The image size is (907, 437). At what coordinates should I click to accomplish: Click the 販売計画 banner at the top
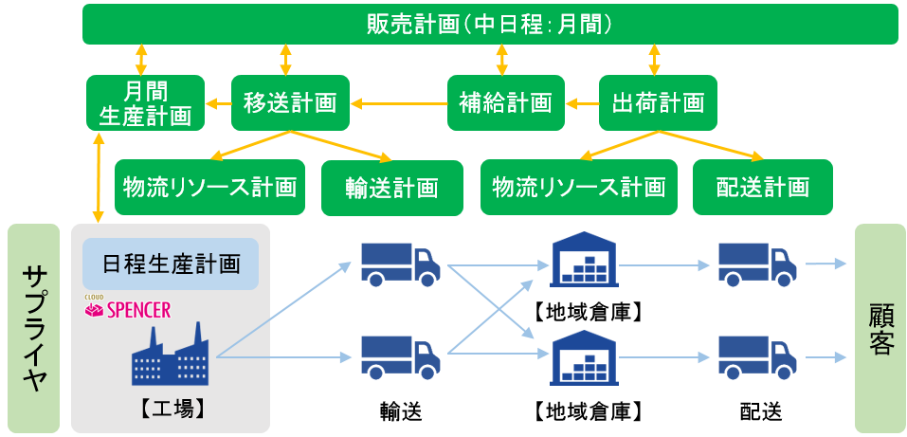click(x=490, y=24)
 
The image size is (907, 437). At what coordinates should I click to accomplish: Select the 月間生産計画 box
click(x=145, y=103)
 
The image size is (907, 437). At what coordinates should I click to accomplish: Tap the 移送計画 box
click(x=290, y=102)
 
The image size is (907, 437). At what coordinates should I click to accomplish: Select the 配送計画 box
click(x=763, y=187)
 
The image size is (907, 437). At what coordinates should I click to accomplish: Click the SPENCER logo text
click(x=138, y=310)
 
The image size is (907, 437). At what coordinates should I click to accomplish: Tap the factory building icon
click(x=172, y=354)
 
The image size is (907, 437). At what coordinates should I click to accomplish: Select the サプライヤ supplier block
click(x=35, y=328)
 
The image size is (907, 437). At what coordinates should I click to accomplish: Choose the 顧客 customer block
click(x=880, y=328)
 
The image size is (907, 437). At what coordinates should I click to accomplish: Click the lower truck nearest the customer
click(x=755, y=357)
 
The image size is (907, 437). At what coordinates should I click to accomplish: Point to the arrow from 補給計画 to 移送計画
click(x=398, y=102)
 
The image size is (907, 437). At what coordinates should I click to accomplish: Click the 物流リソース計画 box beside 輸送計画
click(x=209, y=187)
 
